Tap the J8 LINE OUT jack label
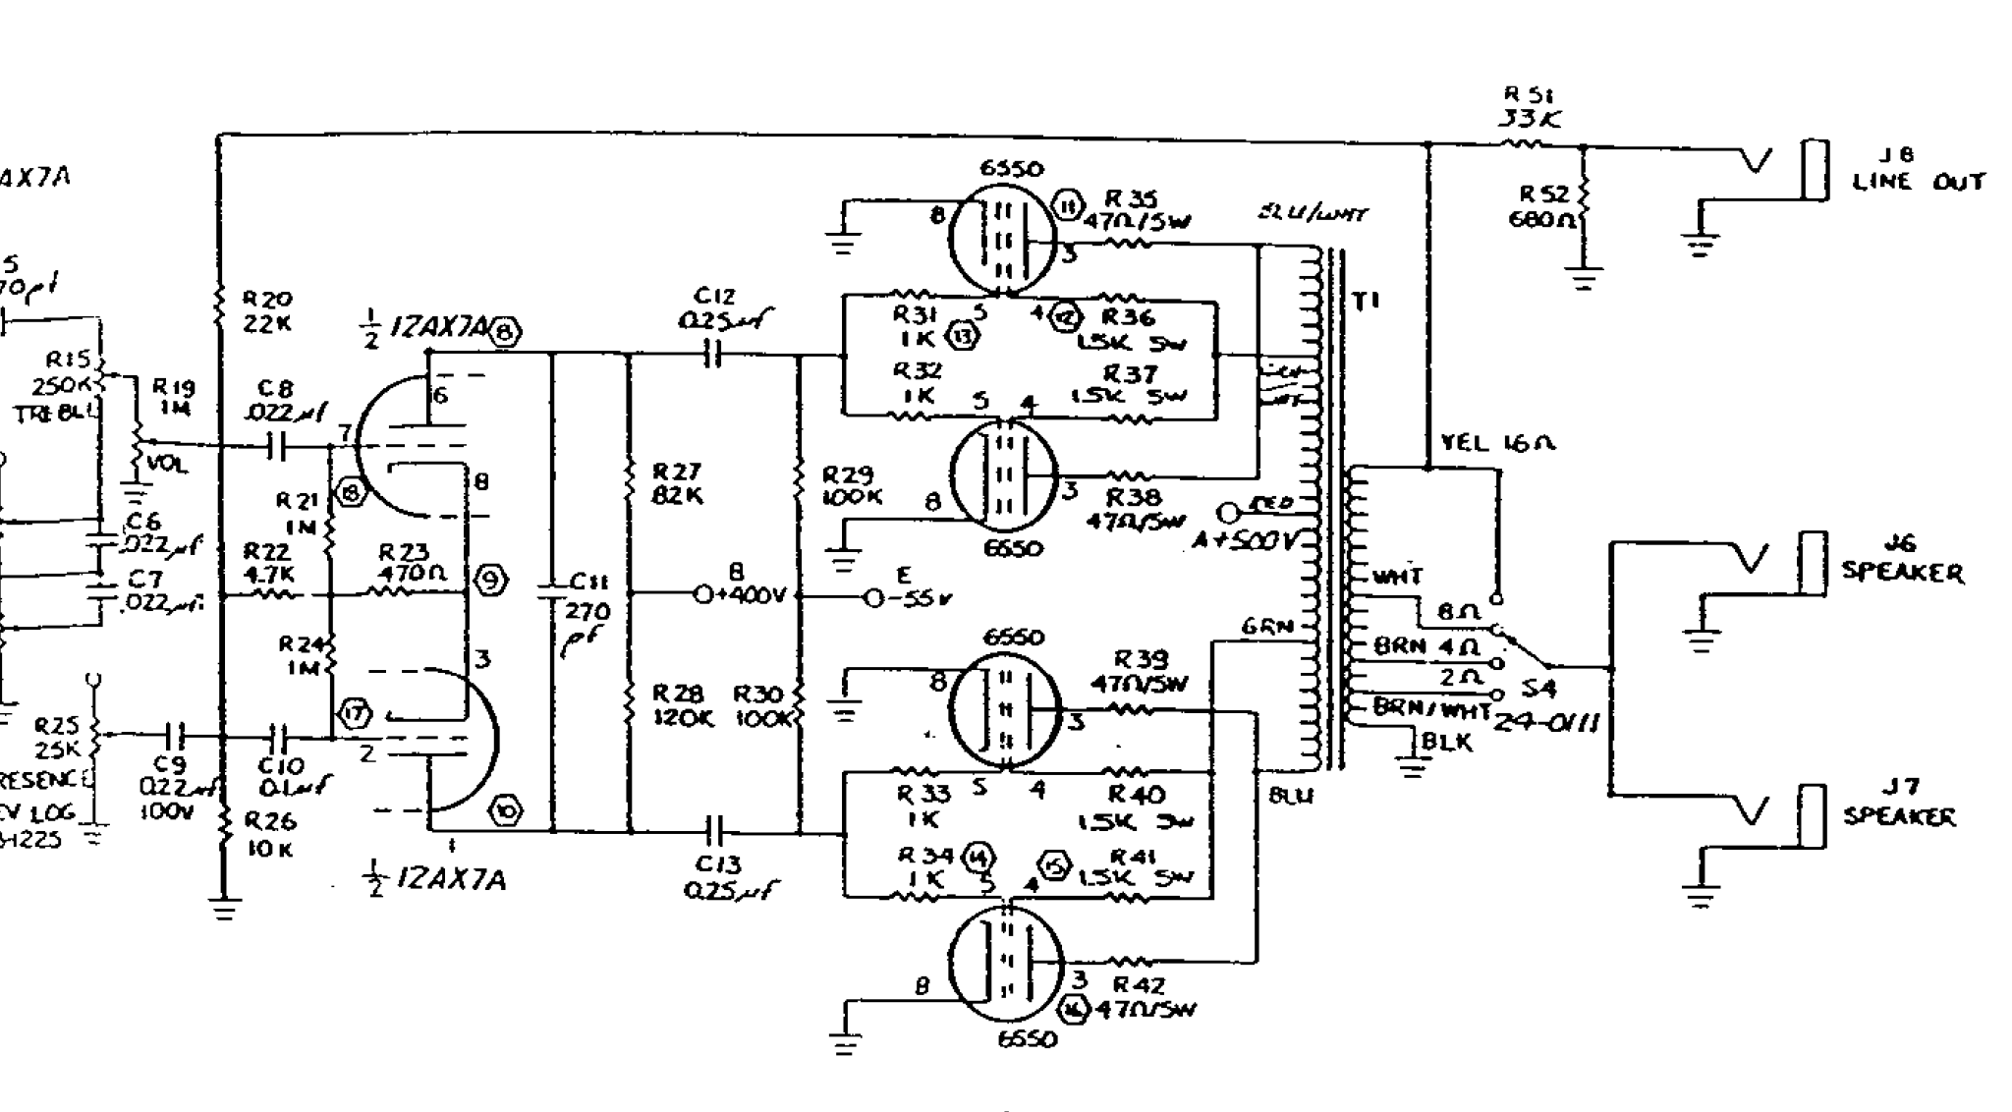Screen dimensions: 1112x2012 [1917, 169]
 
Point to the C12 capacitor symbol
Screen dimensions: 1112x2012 [714, 355]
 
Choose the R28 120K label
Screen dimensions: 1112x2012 [679, 705]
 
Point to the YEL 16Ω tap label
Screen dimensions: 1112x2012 [1498, 443]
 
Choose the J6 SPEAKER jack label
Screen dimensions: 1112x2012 [1901, 559]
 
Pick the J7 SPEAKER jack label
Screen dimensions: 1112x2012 [1899, 803]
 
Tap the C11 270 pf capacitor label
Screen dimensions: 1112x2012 [587, 614]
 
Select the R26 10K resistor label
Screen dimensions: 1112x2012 [268, 834]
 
